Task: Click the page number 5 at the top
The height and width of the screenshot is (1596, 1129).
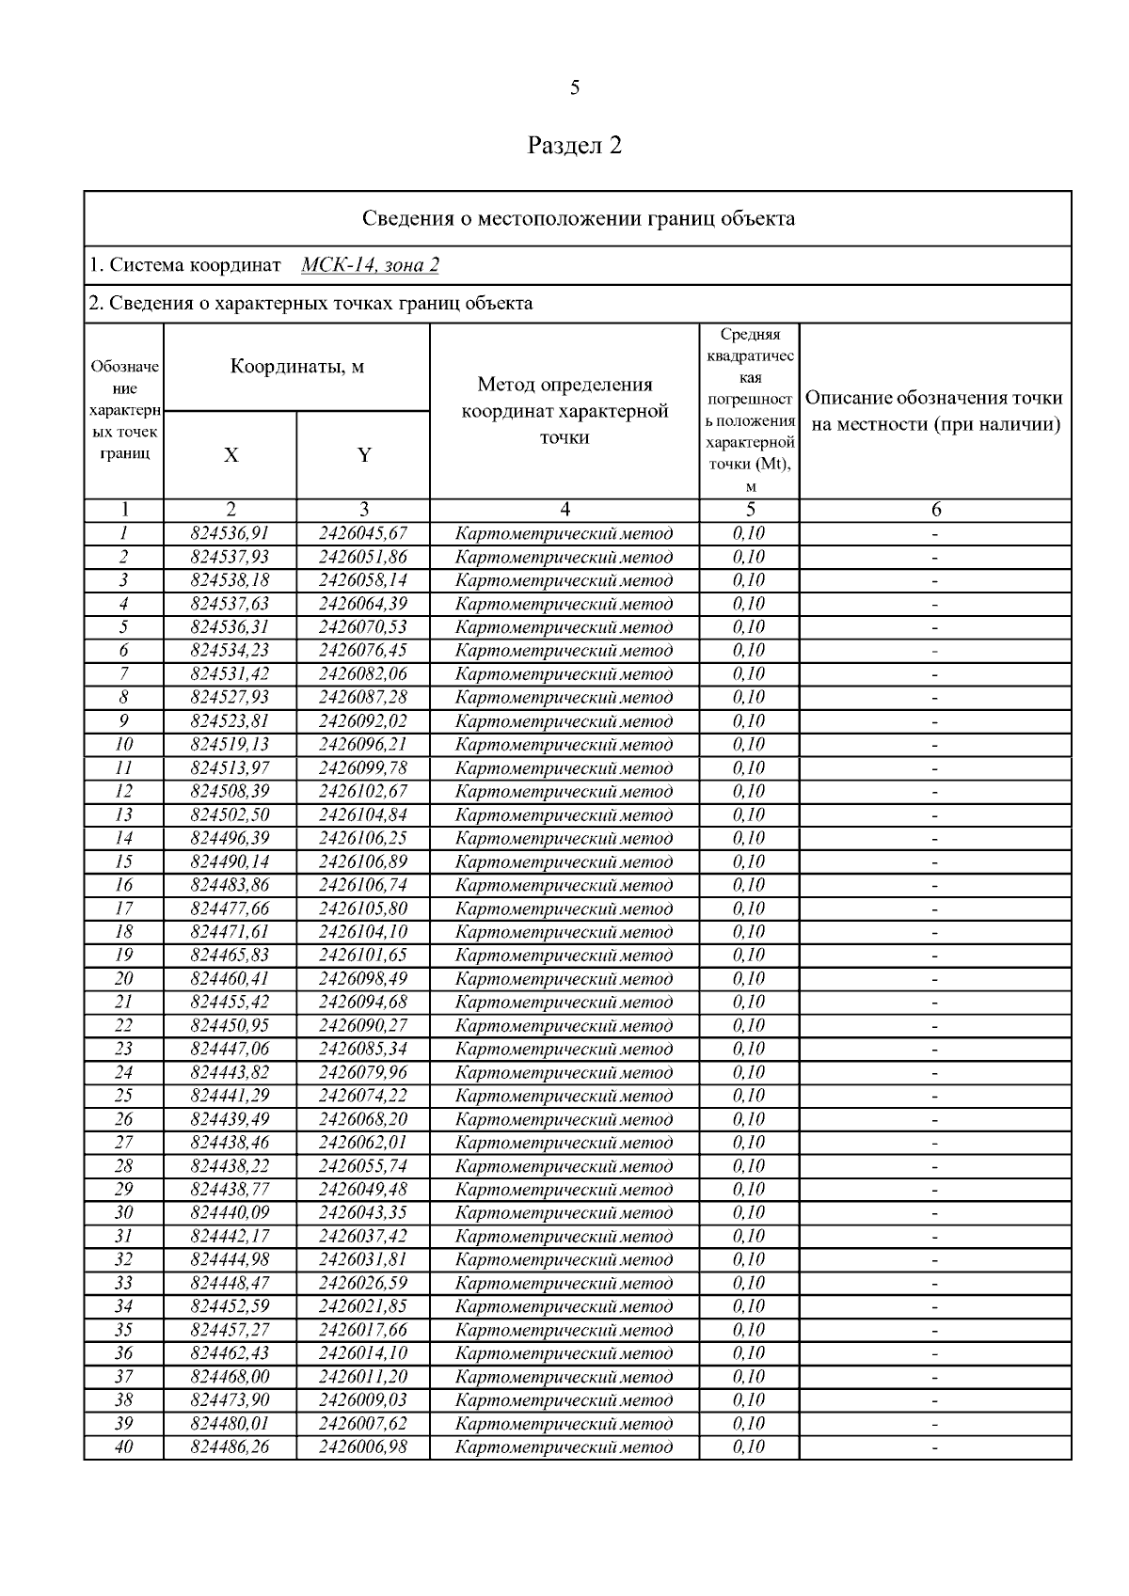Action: [575, 88]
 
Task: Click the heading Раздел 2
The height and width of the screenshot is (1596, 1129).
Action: [575, 146]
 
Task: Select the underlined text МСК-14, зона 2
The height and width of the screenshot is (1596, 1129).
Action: [370, 265]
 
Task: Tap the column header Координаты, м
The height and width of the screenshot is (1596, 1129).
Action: [296, 367]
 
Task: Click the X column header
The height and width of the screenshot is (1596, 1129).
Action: [231, 455]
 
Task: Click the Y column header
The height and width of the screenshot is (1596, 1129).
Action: [364, 455]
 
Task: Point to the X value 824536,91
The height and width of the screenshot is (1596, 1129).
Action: [230, 533]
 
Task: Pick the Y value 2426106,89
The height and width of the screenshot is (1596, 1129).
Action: [363, 861]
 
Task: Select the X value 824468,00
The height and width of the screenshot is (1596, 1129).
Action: [230, 1377]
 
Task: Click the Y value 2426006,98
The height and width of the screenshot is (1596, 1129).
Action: [363, 1446]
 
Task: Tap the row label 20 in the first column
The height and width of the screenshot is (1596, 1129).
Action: [124, 978]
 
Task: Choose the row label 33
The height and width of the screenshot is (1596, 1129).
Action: [124, 1283]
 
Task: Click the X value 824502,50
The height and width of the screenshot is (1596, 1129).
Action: [230, 814]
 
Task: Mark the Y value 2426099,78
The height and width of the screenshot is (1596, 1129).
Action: [363, 767]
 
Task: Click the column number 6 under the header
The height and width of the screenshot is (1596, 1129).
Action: [935, 510]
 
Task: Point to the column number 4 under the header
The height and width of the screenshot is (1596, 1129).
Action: [564, 510]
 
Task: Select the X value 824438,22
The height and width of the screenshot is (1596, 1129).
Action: [230, 1166]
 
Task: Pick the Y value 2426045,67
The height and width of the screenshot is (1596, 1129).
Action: [363, 533]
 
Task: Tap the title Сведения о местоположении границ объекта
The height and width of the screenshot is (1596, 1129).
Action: [578, 219]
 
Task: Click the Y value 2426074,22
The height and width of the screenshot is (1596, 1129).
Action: [363, 1096]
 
